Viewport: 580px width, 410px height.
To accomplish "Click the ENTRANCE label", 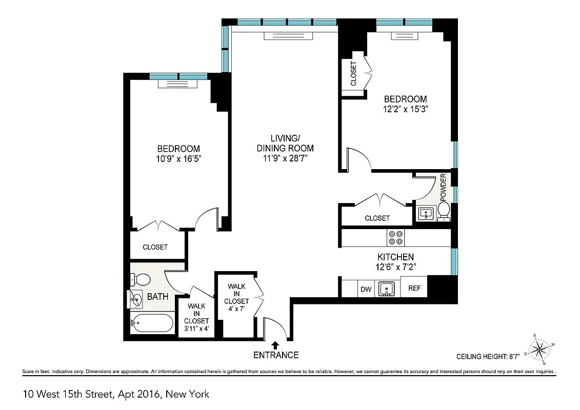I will [275, 355].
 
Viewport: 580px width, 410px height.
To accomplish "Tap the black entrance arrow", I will [275, 345].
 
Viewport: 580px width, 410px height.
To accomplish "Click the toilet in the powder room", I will [444, 209].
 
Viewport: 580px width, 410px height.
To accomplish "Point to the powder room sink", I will [426, 213].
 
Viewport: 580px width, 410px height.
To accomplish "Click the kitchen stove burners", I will [395, 237].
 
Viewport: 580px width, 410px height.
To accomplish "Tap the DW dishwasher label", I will [366, 289].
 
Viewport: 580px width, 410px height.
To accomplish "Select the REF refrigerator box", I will [414, 289].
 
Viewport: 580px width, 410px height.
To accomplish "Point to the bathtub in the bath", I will [152, 323].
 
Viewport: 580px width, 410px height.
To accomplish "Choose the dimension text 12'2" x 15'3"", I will [406, 109].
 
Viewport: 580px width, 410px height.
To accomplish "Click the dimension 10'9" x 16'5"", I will [178, 159].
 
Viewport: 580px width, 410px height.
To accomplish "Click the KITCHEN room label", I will [395, 257].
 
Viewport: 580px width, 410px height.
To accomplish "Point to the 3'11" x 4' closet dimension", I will [196, 329].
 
